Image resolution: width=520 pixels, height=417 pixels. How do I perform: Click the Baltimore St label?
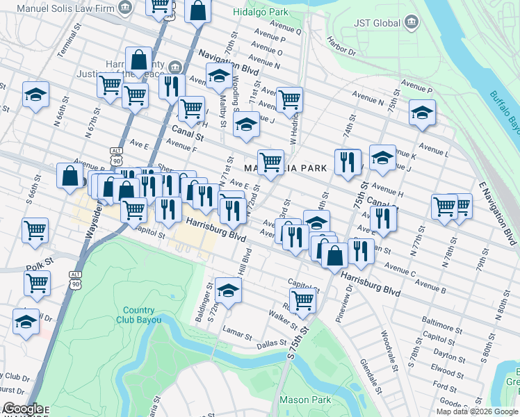click(x=442, y=324)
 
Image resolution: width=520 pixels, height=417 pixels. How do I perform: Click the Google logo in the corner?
click(x=22, y=409)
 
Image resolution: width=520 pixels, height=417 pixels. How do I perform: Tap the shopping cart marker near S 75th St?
click(x=303, y=300)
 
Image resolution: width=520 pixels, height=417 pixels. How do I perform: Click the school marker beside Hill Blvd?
click(x=227, y=289)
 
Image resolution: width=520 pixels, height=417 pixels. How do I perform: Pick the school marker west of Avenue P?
click(x=421, y=113)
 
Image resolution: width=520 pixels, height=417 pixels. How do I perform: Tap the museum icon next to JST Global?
click(x=412, y=23)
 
